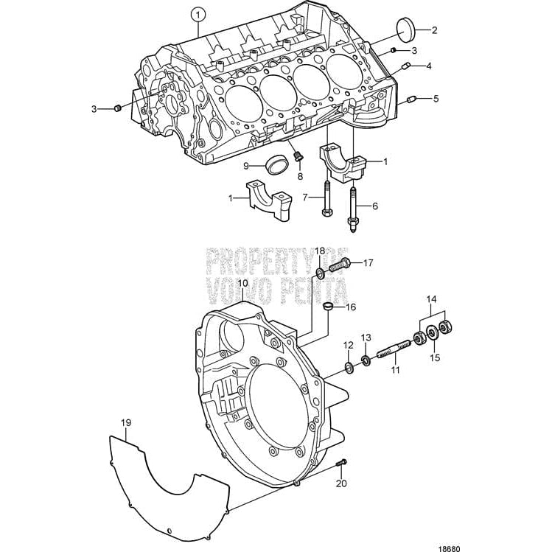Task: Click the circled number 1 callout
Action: point(196,13)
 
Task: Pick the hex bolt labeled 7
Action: point(326,198)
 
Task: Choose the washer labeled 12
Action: point(349,366)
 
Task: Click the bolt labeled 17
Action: point(340,263)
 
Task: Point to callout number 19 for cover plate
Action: point(126,423)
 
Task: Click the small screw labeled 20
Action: point(340,462)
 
